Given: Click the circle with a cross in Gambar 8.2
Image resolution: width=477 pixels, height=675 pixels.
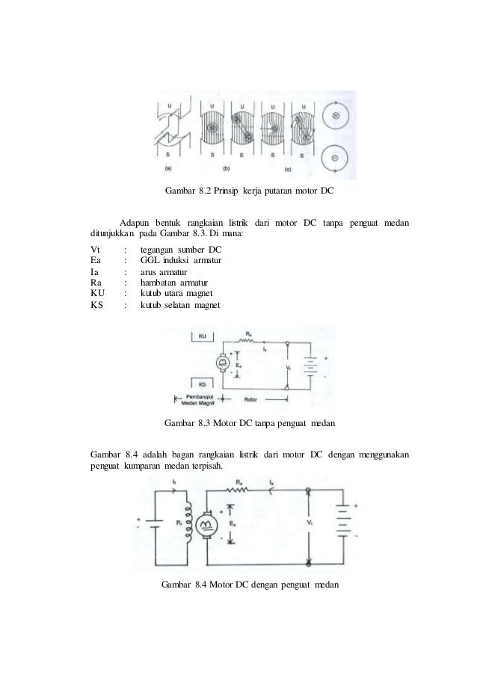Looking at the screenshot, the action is (336, 117).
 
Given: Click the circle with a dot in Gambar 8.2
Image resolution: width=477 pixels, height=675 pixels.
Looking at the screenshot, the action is (336, 159).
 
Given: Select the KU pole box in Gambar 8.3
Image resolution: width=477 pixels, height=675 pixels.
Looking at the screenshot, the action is (203, 338).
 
